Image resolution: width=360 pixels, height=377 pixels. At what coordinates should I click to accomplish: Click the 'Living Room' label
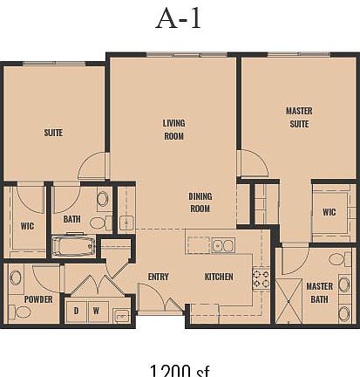[x=173, y=129]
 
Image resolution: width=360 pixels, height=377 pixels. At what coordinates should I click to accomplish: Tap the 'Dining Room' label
[x=200, y=202]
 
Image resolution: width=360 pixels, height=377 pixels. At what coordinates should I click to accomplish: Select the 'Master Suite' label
[x=299, y=117]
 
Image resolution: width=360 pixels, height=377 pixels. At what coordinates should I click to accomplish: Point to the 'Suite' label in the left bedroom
[x=54, y=133]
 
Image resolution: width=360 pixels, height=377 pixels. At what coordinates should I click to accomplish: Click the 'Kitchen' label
[x=218, y=277]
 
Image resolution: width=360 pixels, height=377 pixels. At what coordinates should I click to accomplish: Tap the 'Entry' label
[x=158, y=277]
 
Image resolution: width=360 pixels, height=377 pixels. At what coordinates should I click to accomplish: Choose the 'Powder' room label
[x=38, y=299]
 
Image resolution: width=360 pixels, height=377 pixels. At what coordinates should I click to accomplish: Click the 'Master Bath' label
[x=319, y=292]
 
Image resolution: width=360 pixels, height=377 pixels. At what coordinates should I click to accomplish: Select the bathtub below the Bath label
[x=73, y=246]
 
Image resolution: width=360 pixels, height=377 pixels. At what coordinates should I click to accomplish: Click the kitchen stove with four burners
[x=261, y=278]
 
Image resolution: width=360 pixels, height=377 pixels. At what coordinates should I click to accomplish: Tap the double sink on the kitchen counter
[x=222, y=245]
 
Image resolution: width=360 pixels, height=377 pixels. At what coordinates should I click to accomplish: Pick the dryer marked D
[x=76, y=310]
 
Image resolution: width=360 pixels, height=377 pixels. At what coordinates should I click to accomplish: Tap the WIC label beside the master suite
[x=329, y=212]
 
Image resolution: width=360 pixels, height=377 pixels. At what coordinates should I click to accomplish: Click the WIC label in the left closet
[x=27, y=225]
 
